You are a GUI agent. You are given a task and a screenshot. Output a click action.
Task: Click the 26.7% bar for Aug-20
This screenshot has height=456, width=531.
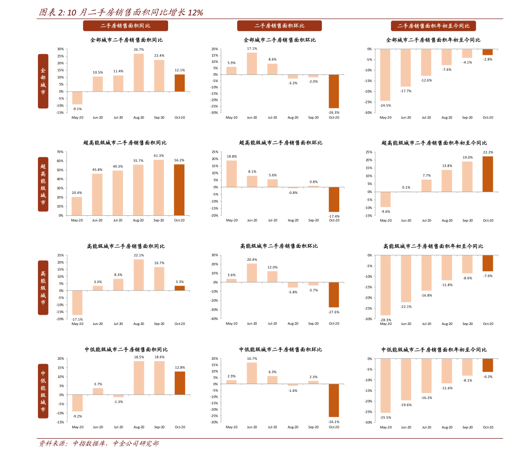pyautogui.click(x=139, y=73)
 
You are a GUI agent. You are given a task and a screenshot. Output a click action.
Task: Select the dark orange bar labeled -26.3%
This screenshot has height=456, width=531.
pyautogui.click(x=333, y=91)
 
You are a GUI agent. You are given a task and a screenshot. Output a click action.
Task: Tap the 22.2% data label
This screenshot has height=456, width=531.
pyautogui.click(x=488, y=152)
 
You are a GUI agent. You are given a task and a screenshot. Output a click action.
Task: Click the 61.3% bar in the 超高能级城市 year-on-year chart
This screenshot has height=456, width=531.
pyautogui.click(x=158, y=188)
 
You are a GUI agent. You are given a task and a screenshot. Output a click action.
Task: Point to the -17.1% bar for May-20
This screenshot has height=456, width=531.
pyautogui.click(x=77, y=303)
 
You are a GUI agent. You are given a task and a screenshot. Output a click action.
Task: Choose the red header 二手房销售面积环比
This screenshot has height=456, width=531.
pyautogui.click(x=280, y=26)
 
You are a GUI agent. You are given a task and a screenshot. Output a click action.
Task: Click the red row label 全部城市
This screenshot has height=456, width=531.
pyautogui.click(x=43, y=81)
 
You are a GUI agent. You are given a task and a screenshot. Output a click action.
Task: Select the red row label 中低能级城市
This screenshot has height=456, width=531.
pyautogui.click(x=43, y=391)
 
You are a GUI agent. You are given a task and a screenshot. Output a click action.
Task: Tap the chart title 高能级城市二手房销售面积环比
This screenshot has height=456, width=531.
pyautogui.click(x=279, y=246)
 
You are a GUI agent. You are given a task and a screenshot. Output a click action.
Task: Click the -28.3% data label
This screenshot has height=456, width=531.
pyautogui.click(x=385, y=320)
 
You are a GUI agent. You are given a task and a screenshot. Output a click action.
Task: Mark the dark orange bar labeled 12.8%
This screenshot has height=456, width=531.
pyautogui.click(x=180, y=383)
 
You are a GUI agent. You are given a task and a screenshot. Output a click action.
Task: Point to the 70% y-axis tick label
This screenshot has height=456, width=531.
pyautogui.click(x=60, y=152)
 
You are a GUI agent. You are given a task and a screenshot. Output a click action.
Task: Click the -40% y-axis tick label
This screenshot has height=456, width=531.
pyautogui.click(x=214, y=319)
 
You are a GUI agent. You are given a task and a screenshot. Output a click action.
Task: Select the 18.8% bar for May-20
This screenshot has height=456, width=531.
pyautogui.click(x=232, y=174)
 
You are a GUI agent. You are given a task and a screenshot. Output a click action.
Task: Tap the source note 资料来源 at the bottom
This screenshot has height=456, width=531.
pyautogui.click(x=99, y=444)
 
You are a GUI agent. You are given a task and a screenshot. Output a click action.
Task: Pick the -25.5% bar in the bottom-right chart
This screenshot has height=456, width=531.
pyautogui.click(x=385, y=386)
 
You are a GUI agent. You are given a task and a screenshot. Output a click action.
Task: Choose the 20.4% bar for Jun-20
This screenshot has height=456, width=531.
pyautogui.click(x=252, y=273)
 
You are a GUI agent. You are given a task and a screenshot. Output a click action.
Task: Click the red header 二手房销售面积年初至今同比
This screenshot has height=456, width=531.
pyautogui.click(x=433, y=26)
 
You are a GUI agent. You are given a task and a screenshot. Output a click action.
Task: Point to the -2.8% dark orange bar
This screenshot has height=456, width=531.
pyautogui.click(x=488, y=52)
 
